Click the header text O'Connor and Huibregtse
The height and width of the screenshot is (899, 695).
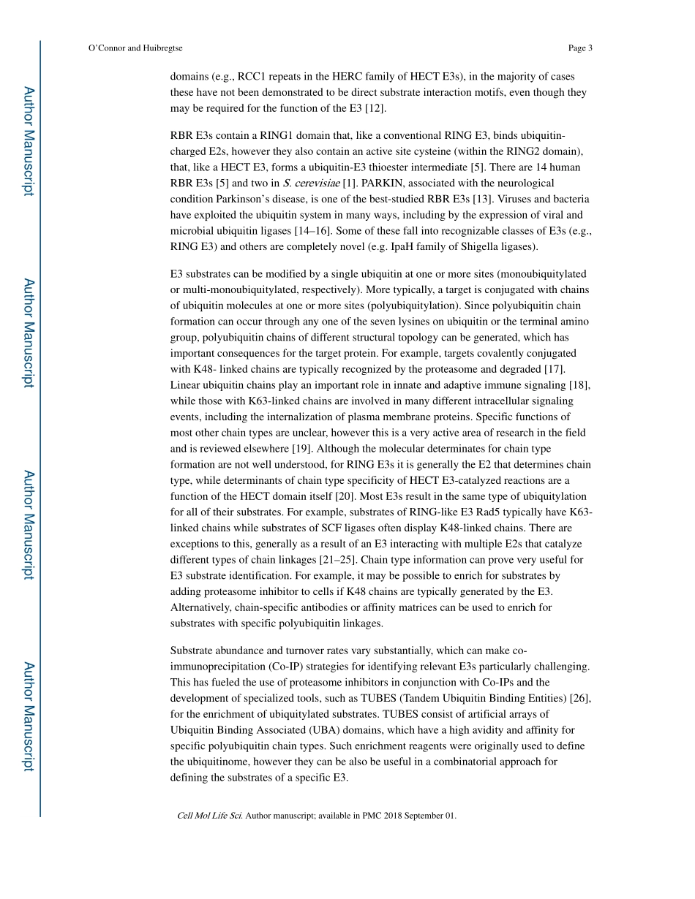point(135,48)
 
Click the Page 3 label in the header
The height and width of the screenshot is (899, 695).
point(579,48)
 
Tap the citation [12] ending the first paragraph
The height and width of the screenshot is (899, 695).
point(375,109)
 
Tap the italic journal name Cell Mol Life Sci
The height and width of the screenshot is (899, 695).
point(209,816)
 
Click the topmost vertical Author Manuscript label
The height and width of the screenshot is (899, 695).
point(28,141)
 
